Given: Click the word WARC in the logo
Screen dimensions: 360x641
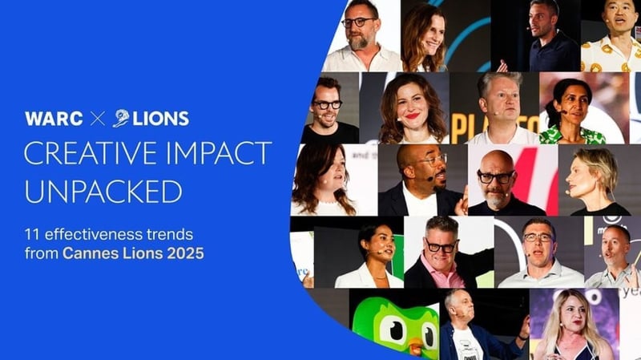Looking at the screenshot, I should pyautogui.click(x=54, y=119).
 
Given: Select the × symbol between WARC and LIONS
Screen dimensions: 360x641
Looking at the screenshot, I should pyautogui.click(x=97, y=119).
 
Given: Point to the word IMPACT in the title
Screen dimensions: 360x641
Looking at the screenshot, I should pyautogui.click(x=216, y=155).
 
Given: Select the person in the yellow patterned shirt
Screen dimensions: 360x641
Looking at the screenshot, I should pyautogui.click(x=611, y=40).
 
